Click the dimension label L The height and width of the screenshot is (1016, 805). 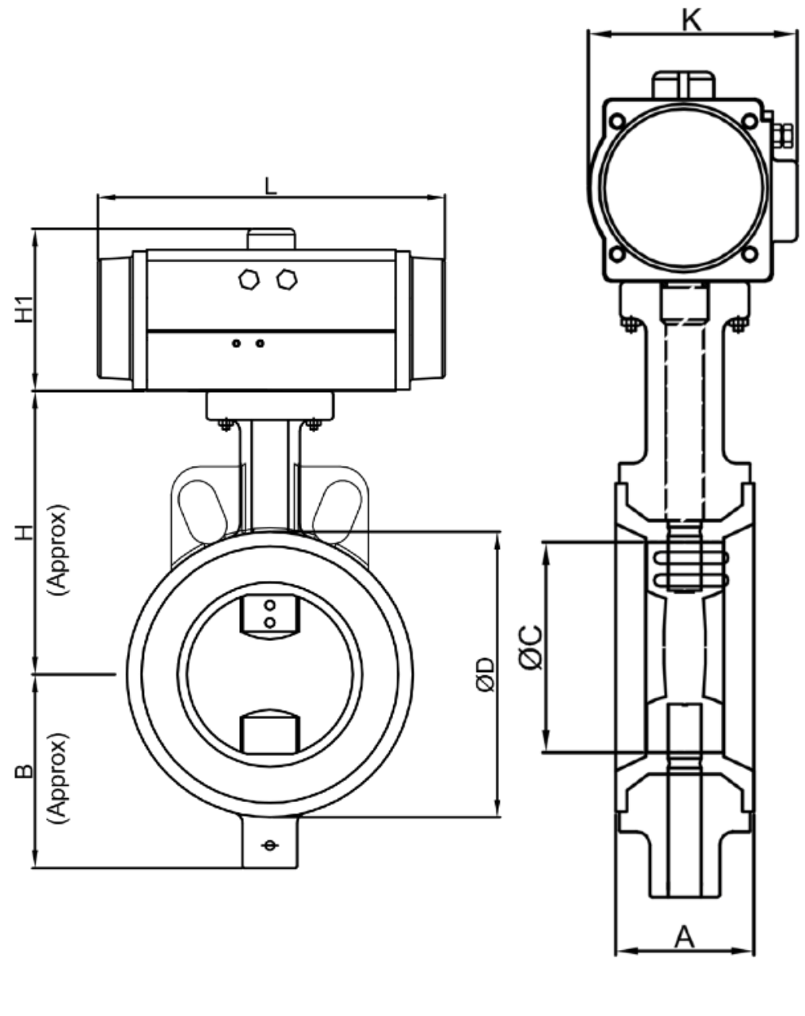click(x=270, y=186)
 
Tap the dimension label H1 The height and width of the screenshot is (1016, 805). click(x=25, y=310)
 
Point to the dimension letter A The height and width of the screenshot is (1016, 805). click(x=684, y=936)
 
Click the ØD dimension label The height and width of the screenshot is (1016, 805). click(x=484, y=674)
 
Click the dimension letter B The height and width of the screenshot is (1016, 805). click(x=25, y=771)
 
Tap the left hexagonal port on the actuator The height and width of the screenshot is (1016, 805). click(x=249, y=279)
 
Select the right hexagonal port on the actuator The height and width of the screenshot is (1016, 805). click(x=287, y=279)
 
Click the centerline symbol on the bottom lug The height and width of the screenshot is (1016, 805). click(x=269, y=845)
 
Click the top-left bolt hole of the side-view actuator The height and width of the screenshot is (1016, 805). click(x=617, y=121)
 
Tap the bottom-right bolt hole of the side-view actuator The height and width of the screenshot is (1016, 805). click(x=749, y=254)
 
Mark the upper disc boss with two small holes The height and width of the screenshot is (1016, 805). click(x=269, y=615)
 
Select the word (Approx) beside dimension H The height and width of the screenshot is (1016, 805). click(x=58, y=549)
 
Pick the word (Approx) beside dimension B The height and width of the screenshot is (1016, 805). click(x=58, y=778)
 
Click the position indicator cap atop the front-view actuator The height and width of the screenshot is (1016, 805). click(x=271, y=239)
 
